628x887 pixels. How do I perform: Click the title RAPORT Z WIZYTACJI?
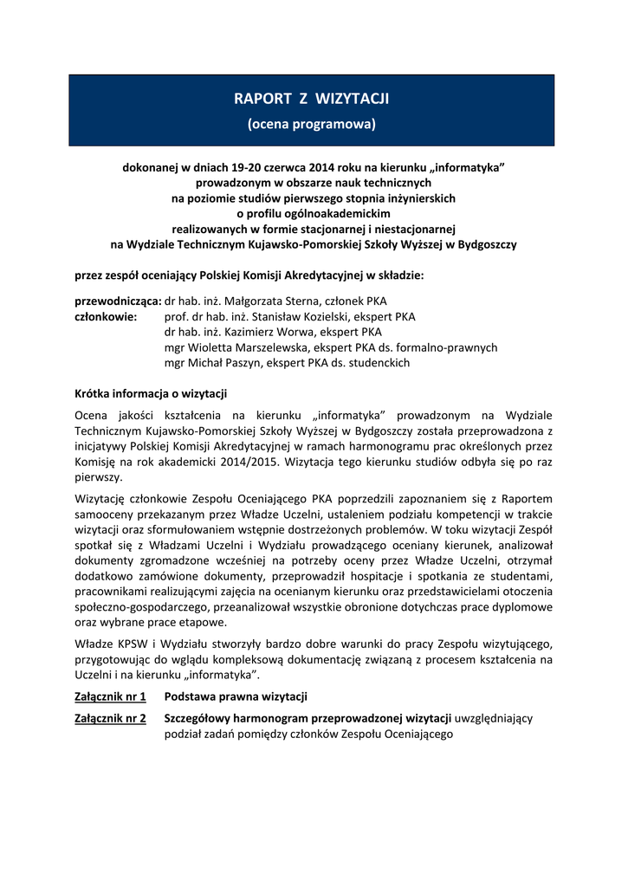pos(312,99)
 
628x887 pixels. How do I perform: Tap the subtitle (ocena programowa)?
pos(312,124)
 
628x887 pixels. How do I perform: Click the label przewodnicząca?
pos(119,301)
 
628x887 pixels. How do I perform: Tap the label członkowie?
pos(107,316)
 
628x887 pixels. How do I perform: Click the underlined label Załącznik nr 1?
pos(110,696)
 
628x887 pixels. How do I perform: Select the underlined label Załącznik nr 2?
pos(110,718)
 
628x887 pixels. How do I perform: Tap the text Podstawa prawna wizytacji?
pos(236,696)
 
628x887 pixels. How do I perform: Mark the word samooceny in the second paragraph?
pos(107,515)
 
